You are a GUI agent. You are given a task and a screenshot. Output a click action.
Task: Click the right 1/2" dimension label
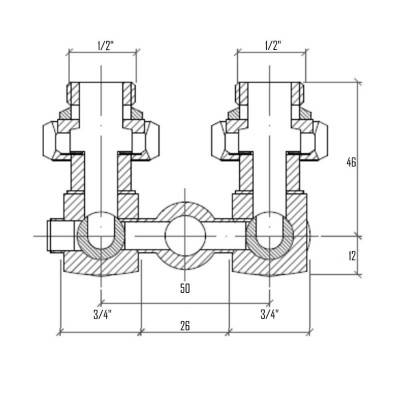point(271,45)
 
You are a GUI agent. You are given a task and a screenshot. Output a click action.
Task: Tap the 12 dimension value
point(378,256)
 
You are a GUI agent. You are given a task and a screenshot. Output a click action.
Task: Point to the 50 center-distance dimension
point(186,288)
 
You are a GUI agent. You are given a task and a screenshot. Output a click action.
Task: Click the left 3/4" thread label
point(102,313)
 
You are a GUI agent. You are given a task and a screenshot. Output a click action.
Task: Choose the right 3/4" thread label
point(270,313)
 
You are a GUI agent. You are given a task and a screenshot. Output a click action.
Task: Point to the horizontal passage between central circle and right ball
point(228,236)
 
